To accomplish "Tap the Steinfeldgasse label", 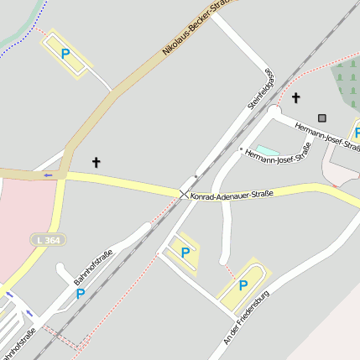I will pyautogui.click(x=262, y=89).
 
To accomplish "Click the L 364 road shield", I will pyautogui.click(x=47, y=240).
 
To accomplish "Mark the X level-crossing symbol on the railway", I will pyautogui.click(x=184, y=194).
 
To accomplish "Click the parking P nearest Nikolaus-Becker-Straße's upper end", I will pyautogui.click(x=65, y=54).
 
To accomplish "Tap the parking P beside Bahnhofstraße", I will pyautogui.click(x=81, y=294).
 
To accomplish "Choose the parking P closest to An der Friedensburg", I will pyautogui.click(x=243, y=285).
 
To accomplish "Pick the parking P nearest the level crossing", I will pyautogui.click(x=185, y=252).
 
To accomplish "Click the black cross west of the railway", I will pyautogui.click(x=96, y=161).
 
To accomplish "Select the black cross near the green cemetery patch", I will pyautogui.click(x=295, y=98).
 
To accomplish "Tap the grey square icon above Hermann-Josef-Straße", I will pyautogui.click(x=321, y=117).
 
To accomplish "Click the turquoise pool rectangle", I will pyautogui.click(x=267, y=151).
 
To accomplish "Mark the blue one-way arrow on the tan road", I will pyautogui.click(x=48, y=175).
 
